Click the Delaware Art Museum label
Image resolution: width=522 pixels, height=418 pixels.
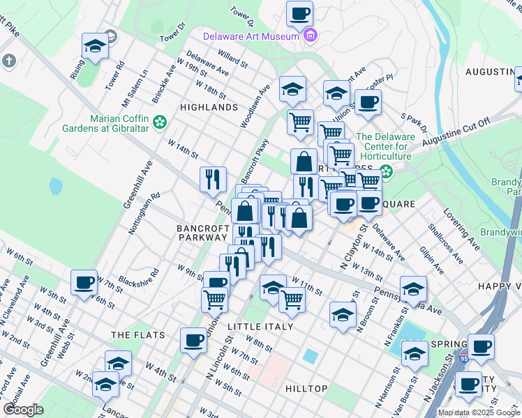pyautogui.click(x=251, y=36)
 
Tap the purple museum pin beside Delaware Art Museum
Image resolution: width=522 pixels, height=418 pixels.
pyautogui.click(x=310, y=36)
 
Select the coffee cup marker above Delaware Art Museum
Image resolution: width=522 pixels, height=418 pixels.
pyautogui.click(x=299, y=13)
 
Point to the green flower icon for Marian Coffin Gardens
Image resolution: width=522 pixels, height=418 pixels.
pyautogui.click(x=160, y=123)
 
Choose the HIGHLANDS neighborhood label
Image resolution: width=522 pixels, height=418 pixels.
pyautogui.click(x=209, y=108)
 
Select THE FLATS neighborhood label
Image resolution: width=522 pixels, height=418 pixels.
pyautogui.click(x=138, y=335)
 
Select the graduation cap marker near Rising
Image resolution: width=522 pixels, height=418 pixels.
pyautogui.click(x=95, y=46)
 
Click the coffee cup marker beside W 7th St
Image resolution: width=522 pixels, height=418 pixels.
pyautogui.click(x=84, y=283)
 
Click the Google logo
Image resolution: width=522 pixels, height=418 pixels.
pyautogui.click(x=23, y=410)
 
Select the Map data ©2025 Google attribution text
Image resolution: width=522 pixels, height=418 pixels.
pyautogui.click(x=478, y=412)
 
